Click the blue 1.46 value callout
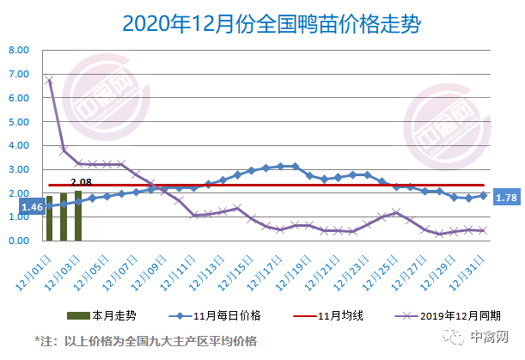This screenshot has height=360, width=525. (32, 207)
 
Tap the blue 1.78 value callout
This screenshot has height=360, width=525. (507, 199)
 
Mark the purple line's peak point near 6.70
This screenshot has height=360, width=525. (49, 81)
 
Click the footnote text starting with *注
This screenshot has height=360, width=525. (145, 341)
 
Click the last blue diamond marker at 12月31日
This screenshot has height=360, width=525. (483, 196)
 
